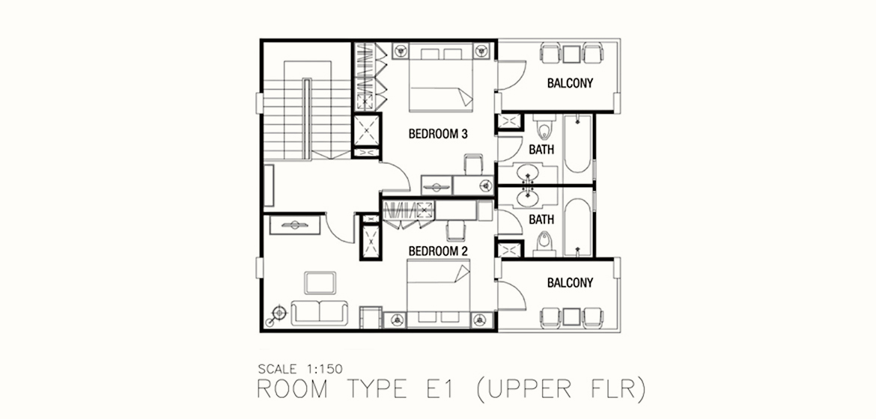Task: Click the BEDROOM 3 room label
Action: (x=438, y=134)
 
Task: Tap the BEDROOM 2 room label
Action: (x=438, y=251)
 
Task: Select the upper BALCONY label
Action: (x=570, y=84)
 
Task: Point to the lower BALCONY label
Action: (x=570, y=283)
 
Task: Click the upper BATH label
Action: (x=541, y=150)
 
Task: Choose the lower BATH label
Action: (x=541, y=219)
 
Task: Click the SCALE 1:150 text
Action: (x=300, y=369)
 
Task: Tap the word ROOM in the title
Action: (x=292, y=390)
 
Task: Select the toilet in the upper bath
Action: (x=544, y=126)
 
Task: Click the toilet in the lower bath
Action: (x=544, y=244)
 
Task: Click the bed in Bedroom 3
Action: (x=441, y=78)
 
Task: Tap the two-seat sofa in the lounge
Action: (x=320, y=313)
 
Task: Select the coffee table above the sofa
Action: (x=320, y=283)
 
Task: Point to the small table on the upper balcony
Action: (x=571, y=54)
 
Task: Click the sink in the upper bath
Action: (x=528, y=173)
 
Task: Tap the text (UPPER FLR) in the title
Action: (x=561, y=390)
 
